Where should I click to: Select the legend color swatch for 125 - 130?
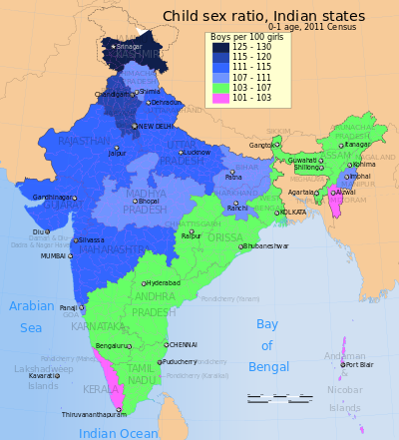[219, 47]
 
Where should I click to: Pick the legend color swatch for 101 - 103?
[219, 98]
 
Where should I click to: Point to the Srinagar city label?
[127, 47]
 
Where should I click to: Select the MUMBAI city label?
[53, 255]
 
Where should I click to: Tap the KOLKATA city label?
[292, 212]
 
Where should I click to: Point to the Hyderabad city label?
[164, 283]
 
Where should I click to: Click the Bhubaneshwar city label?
[265, 245]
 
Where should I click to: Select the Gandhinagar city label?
[51, 198]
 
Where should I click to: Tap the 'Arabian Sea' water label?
[32, 315]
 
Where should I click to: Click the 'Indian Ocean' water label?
[118, 432]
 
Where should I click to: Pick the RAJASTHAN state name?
[84, 142]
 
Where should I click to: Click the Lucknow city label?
[197, 152]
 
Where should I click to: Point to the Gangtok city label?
[260, 145]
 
